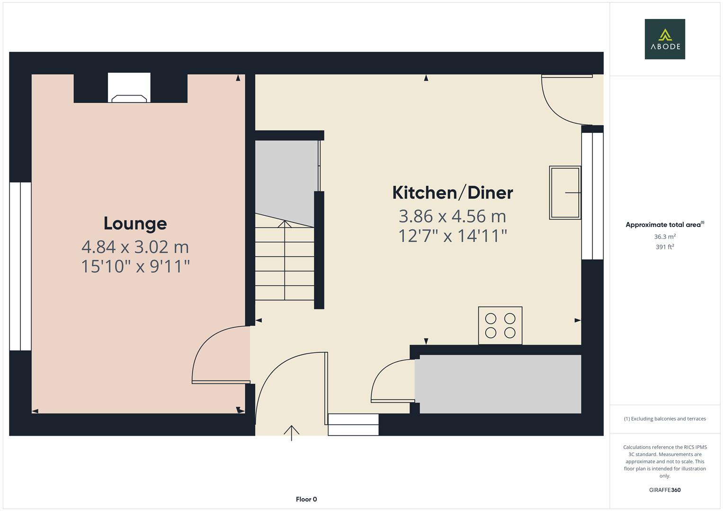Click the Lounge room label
135,223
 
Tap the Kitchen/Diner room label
453,193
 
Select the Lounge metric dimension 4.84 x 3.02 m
135,247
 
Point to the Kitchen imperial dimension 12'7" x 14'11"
453,236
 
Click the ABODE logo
665,39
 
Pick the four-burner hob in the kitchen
500,326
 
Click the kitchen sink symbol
565,193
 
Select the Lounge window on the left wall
20,266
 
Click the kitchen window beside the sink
592,196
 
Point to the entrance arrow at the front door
292,433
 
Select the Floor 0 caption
306,499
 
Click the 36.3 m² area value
665,237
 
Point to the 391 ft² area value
665,247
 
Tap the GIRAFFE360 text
665,490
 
